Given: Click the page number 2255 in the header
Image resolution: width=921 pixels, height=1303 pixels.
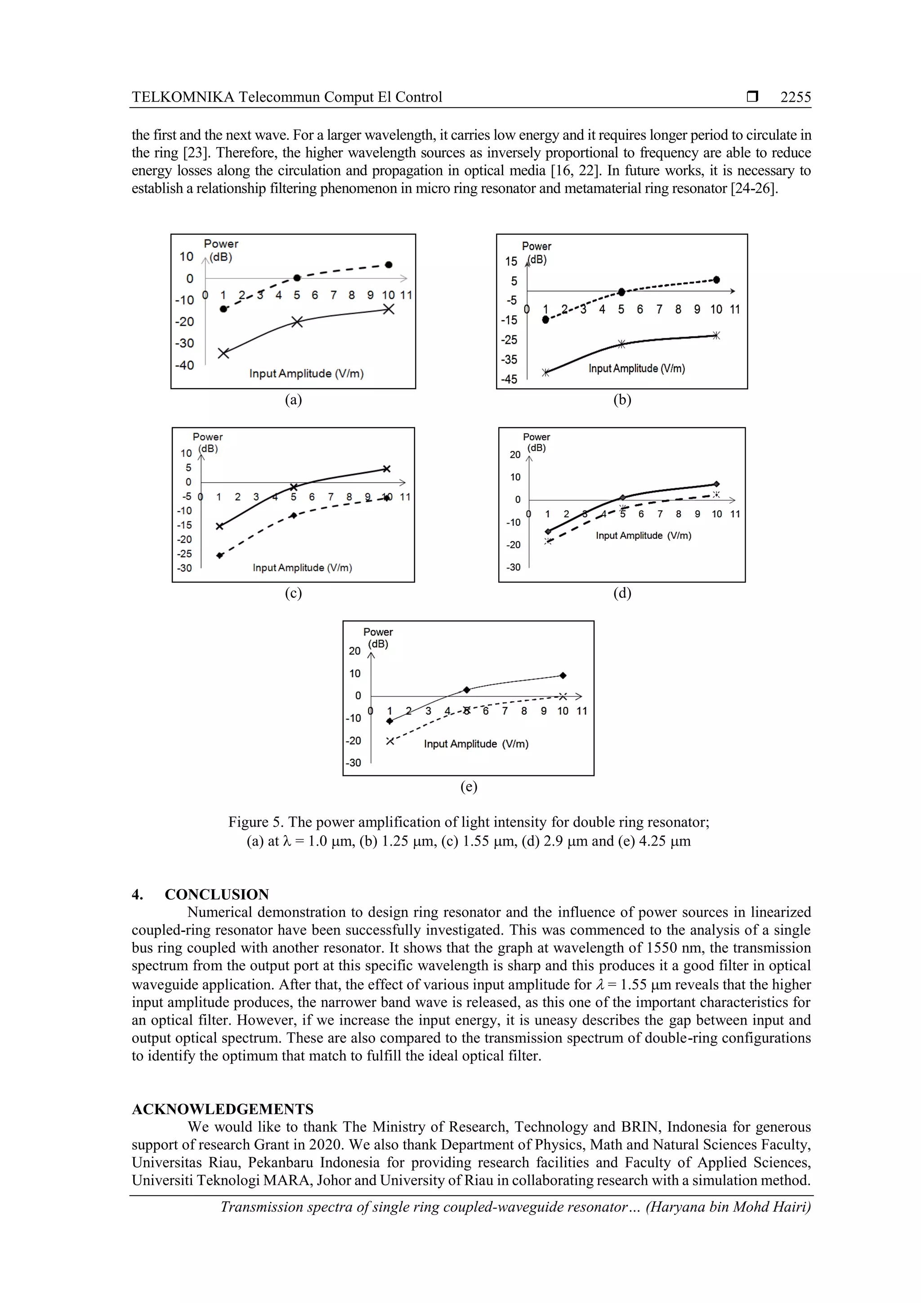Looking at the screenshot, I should pyautogui.click(x=795, y=97).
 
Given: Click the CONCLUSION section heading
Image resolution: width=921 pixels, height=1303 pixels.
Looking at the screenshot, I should pyautogui.click(x=216, y=895).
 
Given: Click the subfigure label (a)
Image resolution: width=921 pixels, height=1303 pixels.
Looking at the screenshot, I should pyautogui.click(x=293, y=400).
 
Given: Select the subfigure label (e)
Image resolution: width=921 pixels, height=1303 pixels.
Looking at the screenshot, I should pyautogui.click(x=468, y=787).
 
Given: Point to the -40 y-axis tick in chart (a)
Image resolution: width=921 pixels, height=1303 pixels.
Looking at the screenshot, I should pyautogui.click(x=184, y=365).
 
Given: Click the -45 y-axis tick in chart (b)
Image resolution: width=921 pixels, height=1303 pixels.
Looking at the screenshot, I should pyautogui.click(x=509, y=379).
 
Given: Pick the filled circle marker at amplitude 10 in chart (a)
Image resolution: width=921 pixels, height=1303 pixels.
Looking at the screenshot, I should pyautogui.click(x=389, y=264).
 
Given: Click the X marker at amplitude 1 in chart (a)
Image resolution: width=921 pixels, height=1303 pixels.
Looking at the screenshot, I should pyautogui.click(x=224, y=353).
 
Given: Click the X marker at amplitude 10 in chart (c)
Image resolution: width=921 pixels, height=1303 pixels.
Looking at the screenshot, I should pyautogui.click(x=386, y=469).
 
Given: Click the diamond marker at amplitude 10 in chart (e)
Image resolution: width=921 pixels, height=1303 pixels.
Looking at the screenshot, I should pyautogui.click(x=563, y=675).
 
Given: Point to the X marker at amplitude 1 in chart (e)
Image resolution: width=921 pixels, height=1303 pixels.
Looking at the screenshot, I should pyautogui.click(x=390, y=741).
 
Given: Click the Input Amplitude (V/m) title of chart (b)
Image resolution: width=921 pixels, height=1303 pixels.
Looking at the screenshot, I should pyautogui.click(x=637, y=368).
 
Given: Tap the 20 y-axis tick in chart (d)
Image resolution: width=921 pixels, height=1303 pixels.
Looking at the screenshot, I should pyautogui.click(x=515, y=455).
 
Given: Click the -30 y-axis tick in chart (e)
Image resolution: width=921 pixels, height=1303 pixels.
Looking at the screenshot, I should pyautogui.click(x=353, y=763).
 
